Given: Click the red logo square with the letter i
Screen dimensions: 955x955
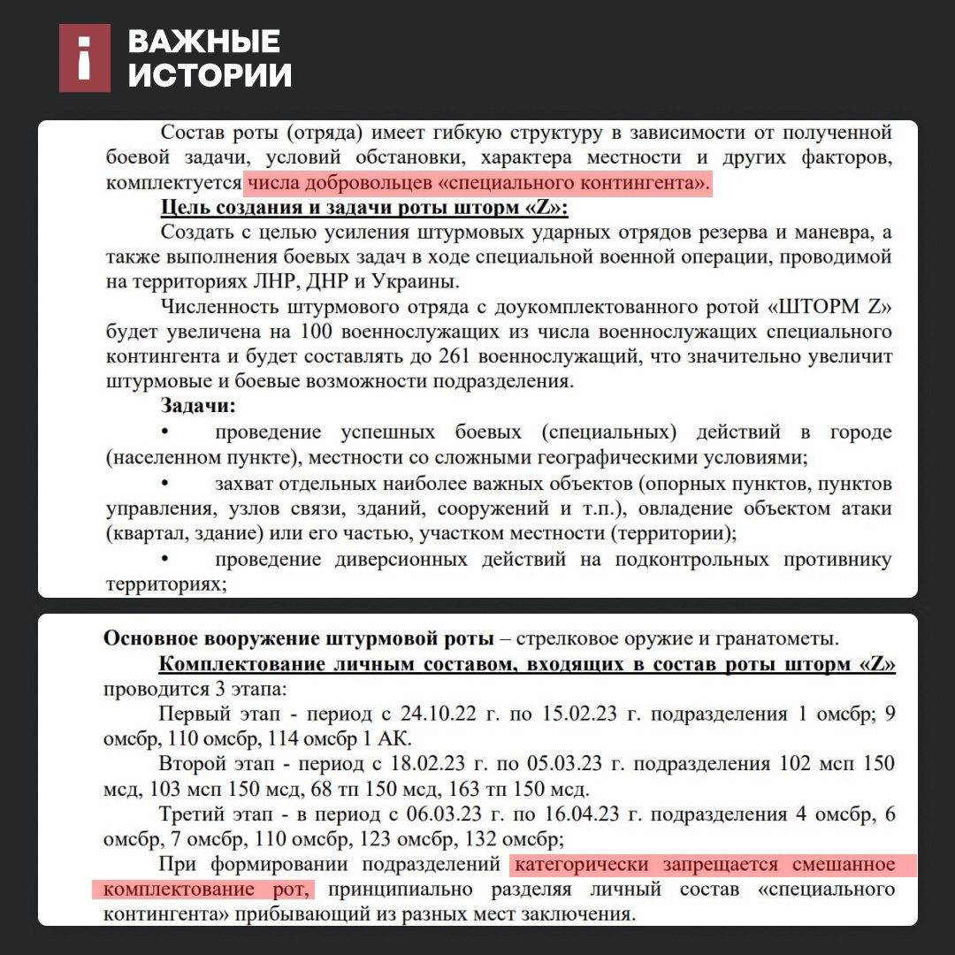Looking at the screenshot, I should (x=85, y=58).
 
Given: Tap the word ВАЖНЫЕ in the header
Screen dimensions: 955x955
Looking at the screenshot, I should (x=204, y=42).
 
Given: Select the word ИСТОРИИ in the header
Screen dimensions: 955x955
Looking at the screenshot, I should (x=210, y=76).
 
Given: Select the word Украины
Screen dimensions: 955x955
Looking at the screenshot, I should (x=415, y=282).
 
